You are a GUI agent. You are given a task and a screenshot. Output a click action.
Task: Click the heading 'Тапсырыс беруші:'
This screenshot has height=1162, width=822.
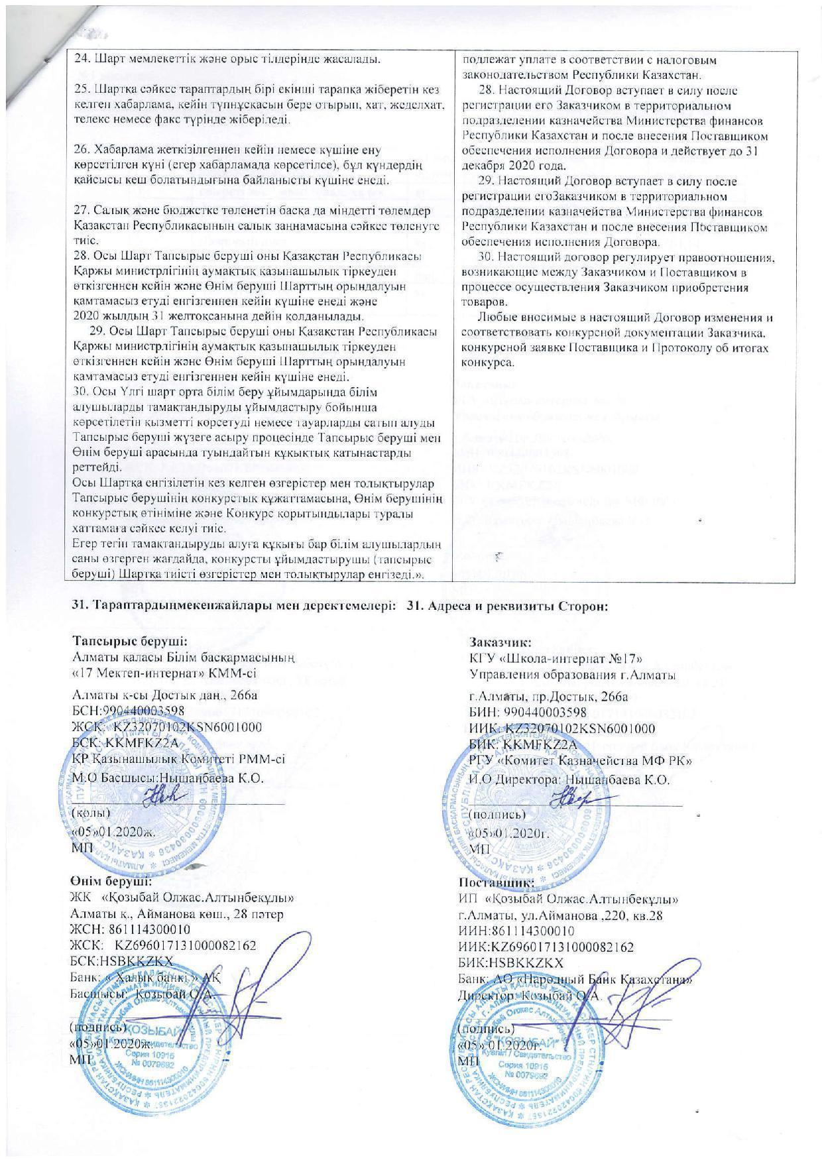click(x=129, y=641)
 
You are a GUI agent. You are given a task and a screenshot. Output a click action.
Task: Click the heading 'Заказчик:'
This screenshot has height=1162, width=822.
click(x=498, y=641)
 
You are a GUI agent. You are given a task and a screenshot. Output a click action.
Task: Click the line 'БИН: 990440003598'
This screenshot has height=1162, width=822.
click(x=528, y=713)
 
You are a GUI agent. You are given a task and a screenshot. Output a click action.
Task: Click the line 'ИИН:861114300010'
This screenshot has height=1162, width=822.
click(x=516, y=931)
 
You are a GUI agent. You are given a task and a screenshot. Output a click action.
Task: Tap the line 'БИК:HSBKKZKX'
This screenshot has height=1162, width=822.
click(x=510, y=962)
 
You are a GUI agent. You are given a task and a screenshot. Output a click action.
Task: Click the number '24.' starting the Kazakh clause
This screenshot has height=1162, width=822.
click(x=82, y=59)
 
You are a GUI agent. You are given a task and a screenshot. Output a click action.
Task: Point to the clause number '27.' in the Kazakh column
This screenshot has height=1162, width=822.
click(x=82, y=210)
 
